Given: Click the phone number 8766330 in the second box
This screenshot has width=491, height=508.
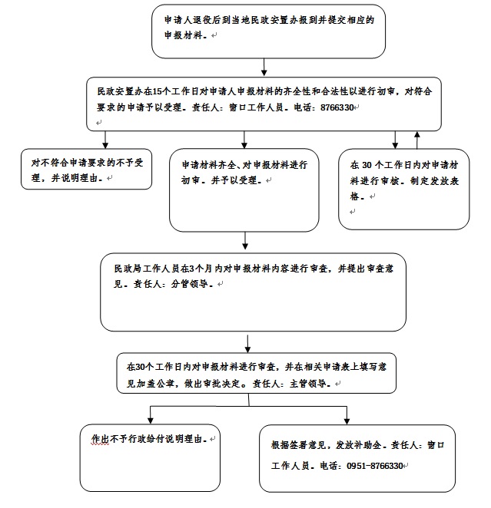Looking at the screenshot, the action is pos(337,107).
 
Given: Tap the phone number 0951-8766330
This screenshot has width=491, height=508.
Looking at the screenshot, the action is pos(374,466).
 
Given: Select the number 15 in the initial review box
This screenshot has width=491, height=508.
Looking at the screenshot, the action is pos(157,91).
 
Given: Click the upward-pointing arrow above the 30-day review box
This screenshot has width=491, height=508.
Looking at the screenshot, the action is pos(417,140).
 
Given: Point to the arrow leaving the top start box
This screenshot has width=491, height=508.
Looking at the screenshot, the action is pos(264,67).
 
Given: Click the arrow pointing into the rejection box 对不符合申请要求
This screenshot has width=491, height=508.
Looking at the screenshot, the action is pos(105,140).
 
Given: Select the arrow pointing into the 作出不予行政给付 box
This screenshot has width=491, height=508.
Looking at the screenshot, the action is pos(150,414).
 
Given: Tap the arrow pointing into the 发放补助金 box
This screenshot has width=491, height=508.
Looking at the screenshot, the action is pos(347,415).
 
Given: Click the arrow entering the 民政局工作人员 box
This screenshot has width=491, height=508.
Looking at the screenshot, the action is pos(245,241).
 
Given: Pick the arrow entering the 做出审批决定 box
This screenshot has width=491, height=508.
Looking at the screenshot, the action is pos(247,344).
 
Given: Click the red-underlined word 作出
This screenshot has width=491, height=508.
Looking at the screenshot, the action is pos(100,439).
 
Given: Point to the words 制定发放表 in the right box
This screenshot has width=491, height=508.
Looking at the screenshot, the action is pos(434,181).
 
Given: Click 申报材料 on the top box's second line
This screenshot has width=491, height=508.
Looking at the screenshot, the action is pos(183,35).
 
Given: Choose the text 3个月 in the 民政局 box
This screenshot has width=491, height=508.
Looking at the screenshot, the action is pos(201,269).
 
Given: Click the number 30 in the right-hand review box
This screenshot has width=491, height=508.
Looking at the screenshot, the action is pos(367,165).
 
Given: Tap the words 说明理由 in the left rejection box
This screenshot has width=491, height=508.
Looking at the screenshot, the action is pos(79,178).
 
